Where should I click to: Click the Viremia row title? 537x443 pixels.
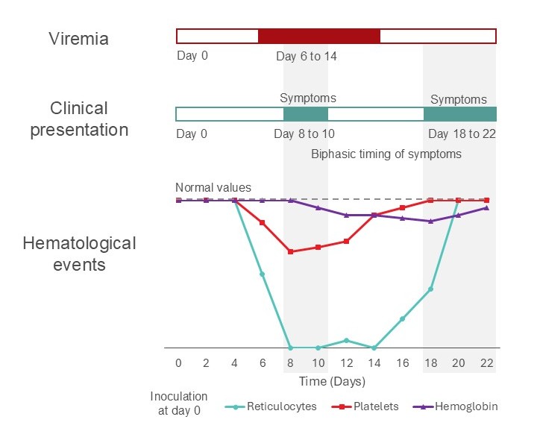pyautogui.click(x=78, y=38)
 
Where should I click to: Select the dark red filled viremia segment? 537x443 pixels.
pyautogui.click(x=318, y=36)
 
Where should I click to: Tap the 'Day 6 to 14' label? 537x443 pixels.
pyautogui.click(x=306, y=56)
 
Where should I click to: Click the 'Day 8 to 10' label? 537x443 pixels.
pyautogui.click(x=305, y=134)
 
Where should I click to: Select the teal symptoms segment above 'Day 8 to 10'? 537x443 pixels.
pyautogui.click(x=305, y=114)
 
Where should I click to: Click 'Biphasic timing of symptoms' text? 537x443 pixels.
pyautogui.click(x=386, y=154)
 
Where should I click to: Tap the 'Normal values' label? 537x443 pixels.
pyautogui.click(x=213, y=188)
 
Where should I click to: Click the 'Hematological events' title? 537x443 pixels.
pyautogui.click(x=79, y=254)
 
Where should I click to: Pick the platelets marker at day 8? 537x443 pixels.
pyautogui.click(x=290, y=252)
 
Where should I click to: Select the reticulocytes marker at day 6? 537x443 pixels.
pyautogui.click(x=262, y=274)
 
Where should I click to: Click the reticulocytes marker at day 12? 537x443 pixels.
pyautogui.click(x=346, y=340)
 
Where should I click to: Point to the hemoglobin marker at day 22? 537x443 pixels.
pyautogui.click(x=486, y=207)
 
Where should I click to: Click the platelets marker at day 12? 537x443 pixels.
pyautogui.click(x=346, y=241)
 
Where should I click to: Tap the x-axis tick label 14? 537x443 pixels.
pyautogui.click(x=374, y=362)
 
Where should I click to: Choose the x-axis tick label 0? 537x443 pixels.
pyautogui.click(x=178, y=362)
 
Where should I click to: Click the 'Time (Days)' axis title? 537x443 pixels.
pyautogui.click(x=332, y=382)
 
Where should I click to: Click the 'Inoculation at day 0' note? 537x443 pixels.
pyautogui.click(x=179, y=403)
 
